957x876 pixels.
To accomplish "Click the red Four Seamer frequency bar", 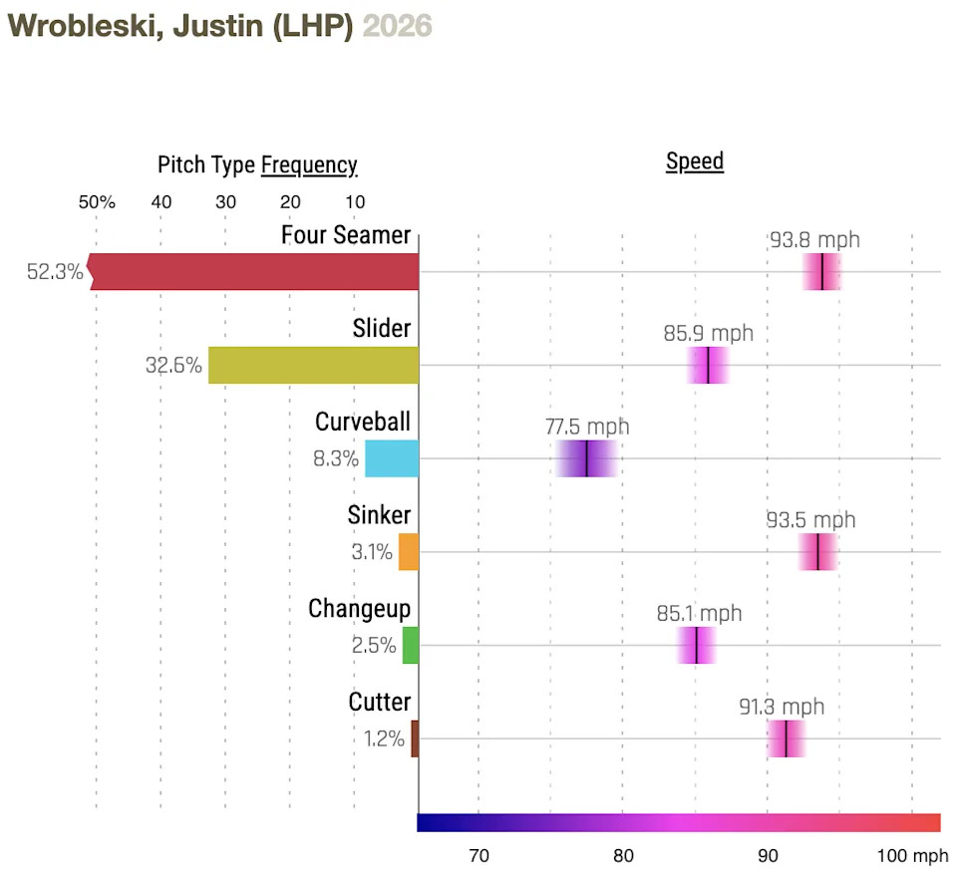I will point(254,271).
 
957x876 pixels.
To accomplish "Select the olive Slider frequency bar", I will point(313,365).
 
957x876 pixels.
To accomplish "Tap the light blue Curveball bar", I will point(392,458).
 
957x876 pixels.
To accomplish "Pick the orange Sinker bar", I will point(409,551).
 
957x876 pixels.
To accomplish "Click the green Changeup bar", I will point(411,645).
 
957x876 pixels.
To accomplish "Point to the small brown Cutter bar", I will point(415,738).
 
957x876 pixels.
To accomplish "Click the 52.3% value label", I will point(55,271).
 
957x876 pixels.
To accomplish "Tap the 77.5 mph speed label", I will point(587,427).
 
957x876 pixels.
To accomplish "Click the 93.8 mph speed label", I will point(814,240).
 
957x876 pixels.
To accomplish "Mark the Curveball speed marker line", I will point(587,458).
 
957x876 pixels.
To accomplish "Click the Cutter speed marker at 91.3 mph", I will point(787,738).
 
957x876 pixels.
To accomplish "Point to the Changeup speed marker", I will point(696,645).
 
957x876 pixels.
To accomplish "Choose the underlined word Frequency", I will point(309,165).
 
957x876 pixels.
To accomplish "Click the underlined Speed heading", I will point(695,161).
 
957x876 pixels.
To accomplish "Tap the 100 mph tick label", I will point(912,855).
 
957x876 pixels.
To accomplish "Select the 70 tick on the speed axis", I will point(478,855).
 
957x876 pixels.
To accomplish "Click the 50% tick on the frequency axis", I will point(97,202).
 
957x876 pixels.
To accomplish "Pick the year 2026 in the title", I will point(397,26).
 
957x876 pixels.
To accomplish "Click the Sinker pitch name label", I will point(379,515).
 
